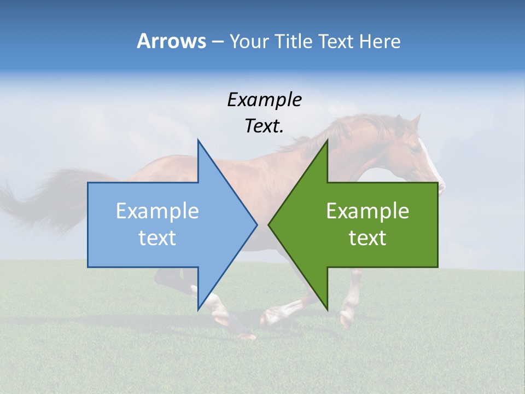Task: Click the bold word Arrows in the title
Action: tap(171, 41)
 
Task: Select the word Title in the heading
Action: tap(294, 42)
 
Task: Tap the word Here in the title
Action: tap(380, 42)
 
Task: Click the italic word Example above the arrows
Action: tap(264, 100)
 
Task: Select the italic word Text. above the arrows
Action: tap(264, 126)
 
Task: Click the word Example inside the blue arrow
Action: tap(157, 211)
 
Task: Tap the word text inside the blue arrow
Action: tap(157, 238)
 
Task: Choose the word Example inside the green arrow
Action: tap(367, 211)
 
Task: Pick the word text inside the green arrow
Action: tap(367, 238)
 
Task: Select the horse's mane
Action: tap(350, 129)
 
